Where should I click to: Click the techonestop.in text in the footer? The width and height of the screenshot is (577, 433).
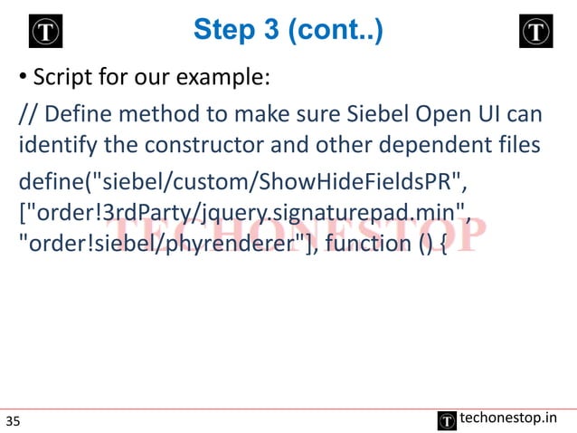coord(508,418)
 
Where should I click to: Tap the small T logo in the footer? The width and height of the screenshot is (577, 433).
coord(446,419)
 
